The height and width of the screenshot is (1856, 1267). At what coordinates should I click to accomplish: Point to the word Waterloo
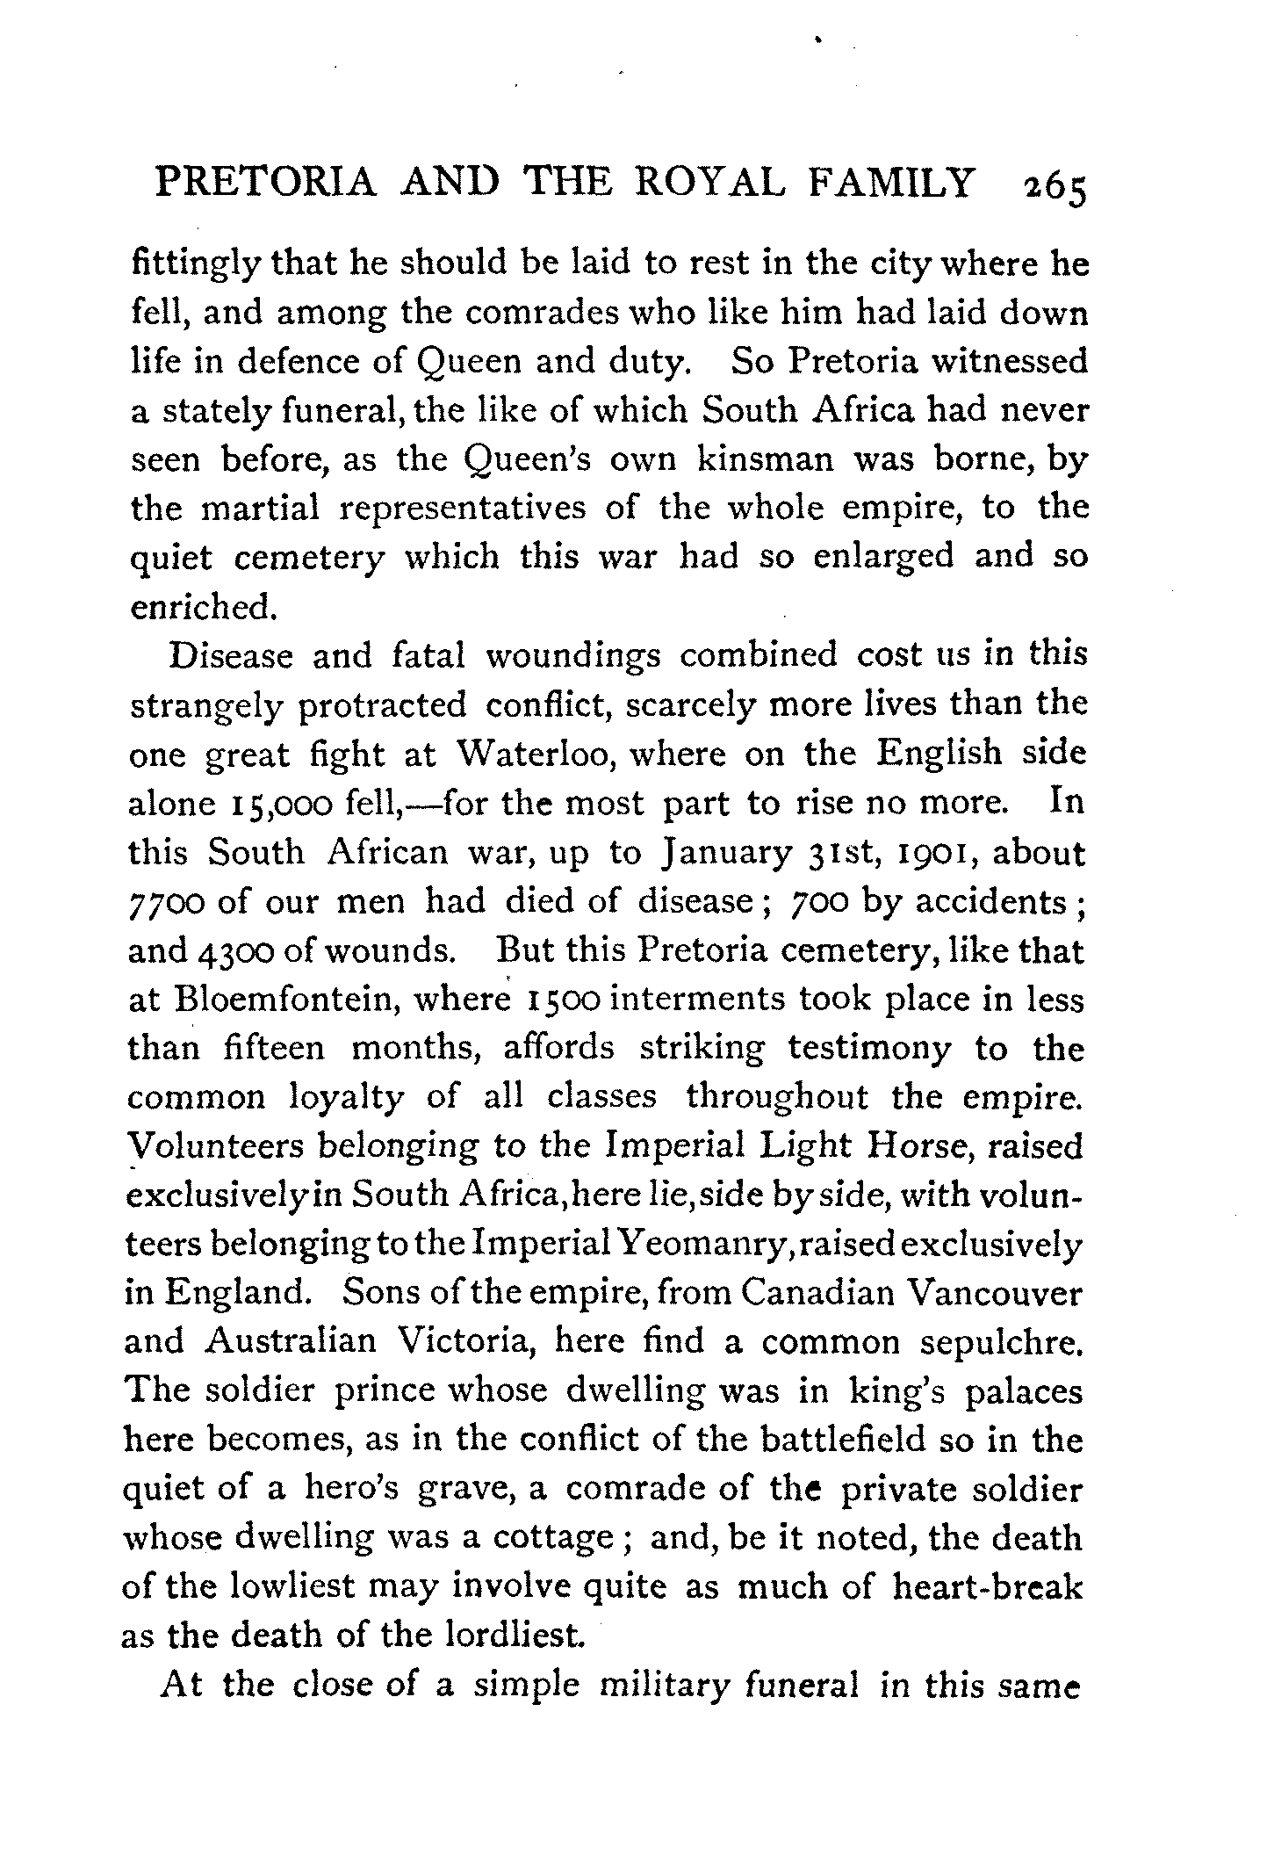536,755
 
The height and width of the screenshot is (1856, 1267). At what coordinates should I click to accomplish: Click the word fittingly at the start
193,264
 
